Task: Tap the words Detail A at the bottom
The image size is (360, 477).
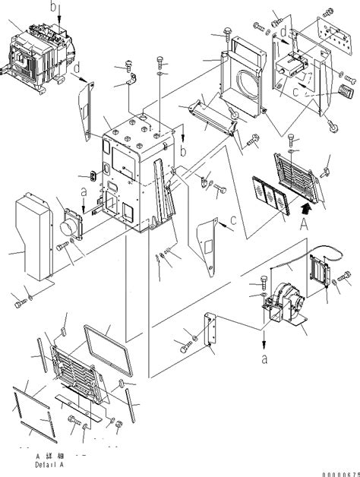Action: point(50,461)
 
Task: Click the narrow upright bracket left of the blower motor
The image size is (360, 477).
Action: point(210,333)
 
